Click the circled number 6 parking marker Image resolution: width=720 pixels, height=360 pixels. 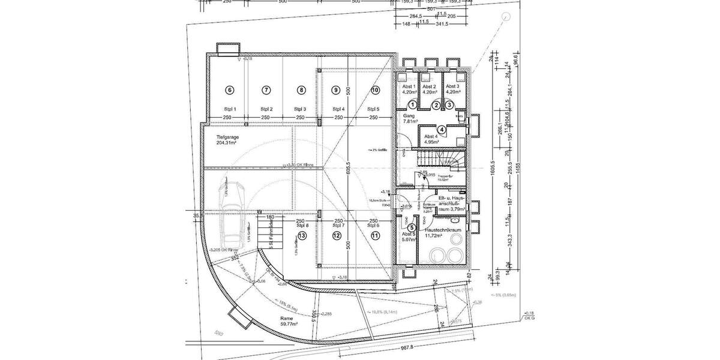coord(229,90)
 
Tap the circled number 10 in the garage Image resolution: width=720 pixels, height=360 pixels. coord(375,90)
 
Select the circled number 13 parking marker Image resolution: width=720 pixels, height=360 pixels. coord(302,236)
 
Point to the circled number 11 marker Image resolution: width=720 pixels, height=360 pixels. coord(375,236)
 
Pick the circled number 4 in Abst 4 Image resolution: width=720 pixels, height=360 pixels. coord(442,129)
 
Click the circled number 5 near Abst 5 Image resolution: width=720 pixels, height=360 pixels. coord(412,227)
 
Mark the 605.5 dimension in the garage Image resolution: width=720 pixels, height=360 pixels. coord(348,170)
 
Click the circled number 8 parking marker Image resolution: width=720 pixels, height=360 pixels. coord(301,90)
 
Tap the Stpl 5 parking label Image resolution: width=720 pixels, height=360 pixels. coord(373,109)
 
